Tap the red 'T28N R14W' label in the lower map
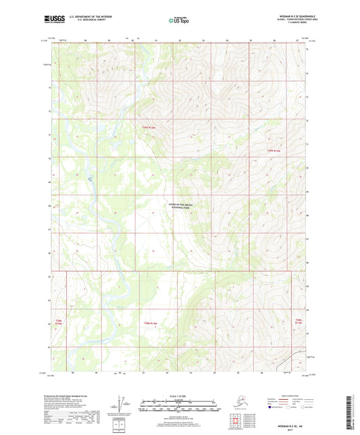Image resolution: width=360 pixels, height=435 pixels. tap(149, 324)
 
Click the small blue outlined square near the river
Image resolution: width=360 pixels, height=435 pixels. tap(91, 179)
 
